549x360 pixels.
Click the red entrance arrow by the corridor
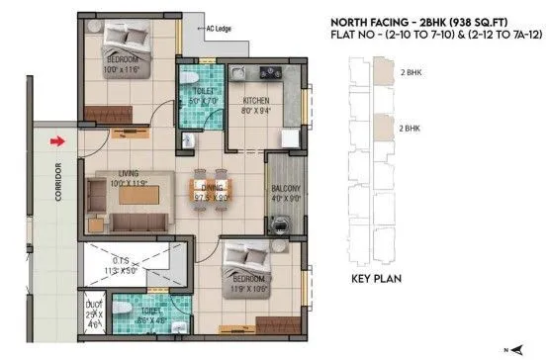60,141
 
